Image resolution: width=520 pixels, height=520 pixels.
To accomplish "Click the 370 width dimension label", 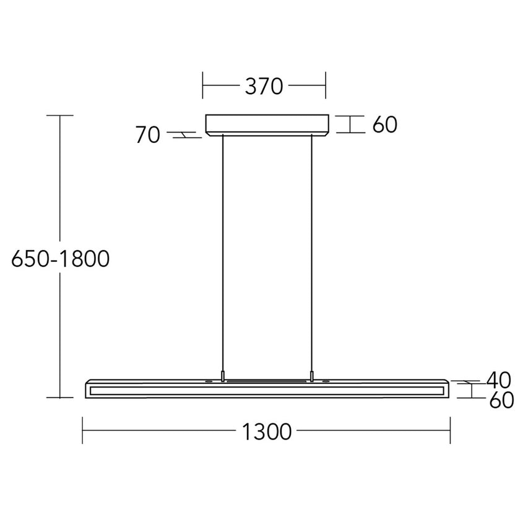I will [x=264, y=87].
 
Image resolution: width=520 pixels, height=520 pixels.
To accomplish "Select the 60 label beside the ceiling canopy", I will [x=384, y=125].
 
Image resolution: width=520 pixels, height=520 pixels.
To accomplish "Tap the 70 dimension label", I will [x=149, y=135].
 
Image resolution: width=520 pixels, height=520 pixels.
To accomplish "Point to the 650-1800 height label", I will [x=61, y=258].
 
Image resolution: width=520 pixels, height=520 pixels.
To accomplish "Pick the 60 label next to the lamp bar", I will [x=501, y=401].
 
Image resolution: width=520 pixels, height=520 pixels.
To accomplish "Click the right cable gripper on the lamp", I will [x=312, y=375].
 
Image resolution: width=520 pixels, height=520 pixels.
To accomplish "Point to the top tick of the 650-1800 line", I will [x=60, y=115].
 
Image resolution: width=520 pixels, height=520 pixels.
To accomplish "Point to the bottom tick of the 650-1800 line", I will [x=60, y=397].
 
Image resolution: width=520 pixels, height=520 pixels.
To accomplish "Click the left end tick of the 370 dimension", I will [x=203, y=86].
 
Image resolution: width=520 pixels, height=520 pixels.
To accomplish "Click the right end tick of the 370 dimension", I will [x=325, y=86].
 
